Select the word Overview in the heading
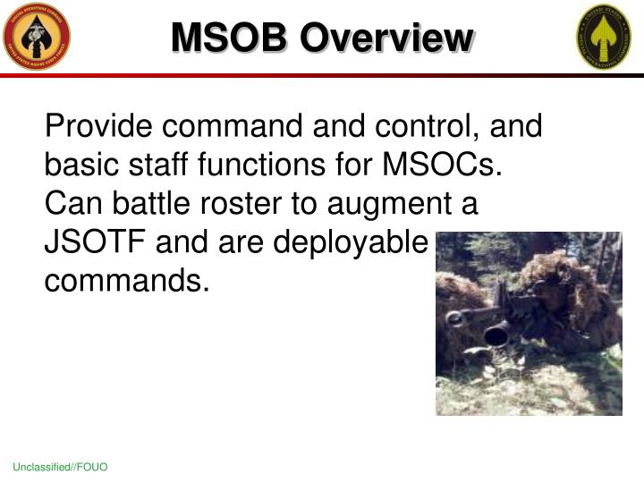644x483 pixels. click(386, 38)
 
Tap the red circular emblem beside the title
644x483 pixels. click(37, 37)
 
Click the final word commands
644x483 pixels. click(127, 281)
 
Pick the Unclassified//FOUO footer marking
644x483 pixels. click(60, 469)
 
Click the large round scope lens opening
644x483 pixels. click(497, 336)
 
